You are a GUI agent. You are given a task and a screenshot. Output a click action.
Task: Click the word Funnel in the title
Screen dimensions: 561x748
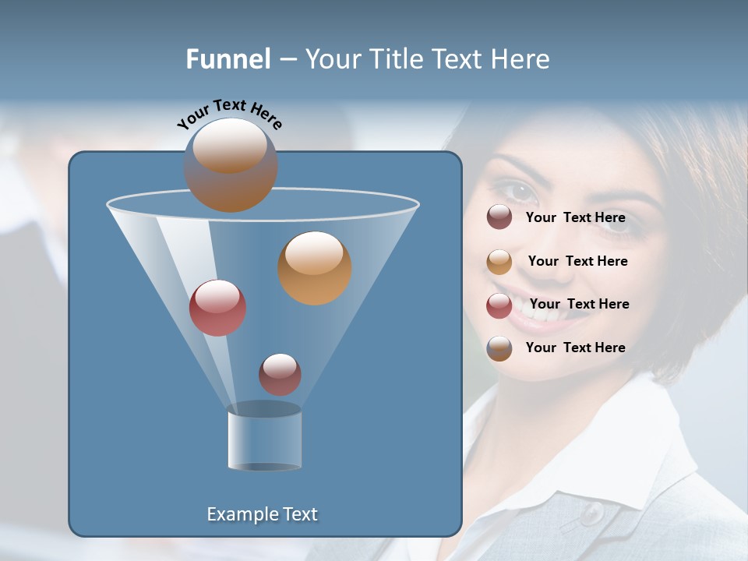(228, 59)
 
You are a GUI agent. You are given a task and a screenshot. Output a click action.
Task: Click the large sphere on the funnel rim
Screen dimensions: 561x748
(231, 165)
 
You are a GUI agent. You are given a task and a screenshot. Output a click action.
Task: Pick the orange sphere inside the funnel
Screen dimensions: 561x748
(314, 267)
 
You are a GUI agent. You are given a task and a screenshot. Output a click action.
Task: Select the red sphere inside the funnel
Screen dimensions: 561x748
(217, 308)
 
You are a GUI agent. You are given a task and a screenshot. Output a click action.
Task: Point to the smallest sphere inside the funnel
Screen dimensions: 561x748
(280, 374)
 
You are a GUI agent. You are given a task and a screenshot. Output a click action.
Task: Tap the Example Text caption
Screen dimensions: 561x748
(263, 514)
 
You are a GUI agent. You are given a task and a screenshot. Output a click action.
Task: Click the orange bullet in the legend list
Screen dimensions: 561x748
(499, 262)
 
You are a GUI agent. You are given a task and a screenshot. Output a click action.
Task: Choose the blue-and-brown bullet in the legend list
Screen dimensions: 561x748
(499, 348)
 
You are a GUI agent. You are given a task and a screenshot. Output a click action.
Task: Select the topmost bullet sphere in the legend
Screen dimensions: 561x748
(499, 217)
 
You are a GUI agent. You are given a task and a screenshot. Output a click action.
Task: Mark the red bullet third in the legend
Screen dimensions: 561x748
(499, 305)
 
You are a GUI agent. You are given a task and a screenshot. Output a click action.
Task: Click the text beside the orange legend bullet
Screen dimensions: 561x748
(577, 261)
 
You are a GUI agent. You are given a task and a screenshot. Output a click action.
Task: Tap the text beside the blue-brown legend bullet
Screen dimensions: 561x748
(575, 348)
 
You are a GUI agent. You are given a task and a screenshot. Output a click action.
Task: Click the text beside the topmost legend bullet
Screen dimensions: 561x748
(575, 217)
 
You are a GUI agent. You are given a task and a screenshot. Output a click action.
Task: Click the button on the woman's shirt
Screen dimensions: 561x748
(594, 513)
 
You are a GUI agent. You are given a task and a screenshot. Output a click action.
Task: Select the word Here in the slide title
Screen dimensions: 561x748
(520, 59)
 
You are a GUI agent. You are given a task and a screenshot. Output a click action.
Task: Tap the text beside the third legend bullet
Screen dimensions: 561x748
(579, 304)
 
